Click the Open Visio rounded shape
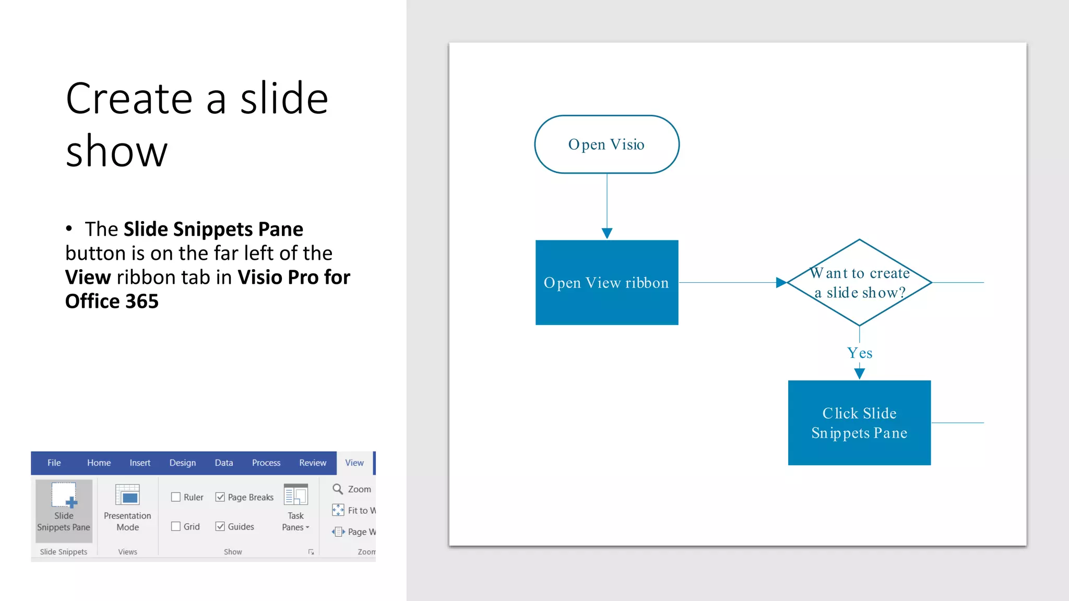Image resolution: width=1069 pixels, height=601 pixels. point(607,145)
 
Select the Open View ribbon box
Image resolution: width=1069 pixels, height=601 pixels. point(607,282)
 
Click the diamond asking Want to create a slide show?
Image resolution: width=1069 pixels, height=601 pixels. point(859,282)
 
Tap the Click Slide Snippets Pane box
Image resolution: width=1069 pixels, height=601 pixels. point(859,423)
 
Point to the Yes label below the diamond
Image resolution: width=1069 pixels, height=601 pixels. point(859,353)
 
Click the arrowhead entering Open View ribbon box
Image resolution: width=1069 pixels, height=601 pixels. point(607,233)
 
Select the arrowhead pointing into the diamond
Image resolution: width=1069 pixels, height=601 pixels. point(781,282)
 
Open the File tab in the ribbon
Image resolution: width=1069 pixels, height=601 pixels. point(54,463)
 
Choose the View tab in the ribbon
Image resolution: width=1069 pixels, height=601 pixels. point(354,463)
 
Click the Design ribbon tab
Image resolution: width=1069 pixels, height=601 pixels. point(182,463)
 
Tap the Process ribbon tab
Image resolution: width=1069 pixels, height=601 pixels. point(266,463)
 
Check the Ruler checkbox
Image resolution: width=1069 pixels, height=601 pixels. point(176,497)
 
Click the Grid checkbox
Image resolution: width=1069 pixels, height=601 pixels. point(176,526)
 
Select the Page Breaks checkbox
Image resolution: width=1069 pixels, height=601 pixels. point(220,497)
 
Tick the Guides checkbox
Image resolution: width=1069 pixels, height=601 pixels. point(220,526)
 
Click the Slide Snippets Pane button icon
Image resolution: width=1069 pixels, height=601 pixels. point(64,495)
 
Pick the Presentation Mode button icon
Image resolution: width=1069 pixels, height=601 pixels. point(127,495)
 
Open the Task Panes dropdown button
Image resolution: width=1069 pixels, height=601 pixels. point(295,509)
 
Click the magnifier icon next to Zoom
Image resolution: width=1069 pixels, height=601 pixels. point(338,489)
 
